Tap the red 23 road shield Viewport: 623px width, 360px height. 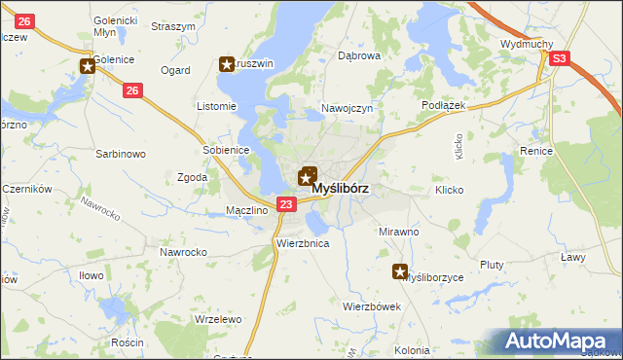(x=285, y=204)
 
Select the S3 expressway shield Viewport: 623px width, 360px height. (x=558, y=59)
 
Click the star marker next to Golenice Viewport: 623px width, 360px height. (x=88, y=66)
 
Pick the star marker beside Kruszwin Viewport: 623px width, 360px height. (x=228, y=65)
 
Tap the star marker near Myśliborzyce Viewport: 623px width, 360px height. (x=400, y=271)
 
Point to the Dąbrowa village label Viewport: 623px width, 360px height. (x=358, y=56)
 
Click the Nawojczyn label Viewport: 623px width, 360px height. (x=348, y=109)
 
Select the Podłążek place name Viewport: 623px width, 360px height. (x=447, y=104)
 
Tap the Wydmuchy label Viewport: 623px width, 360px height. (x=527, y=45)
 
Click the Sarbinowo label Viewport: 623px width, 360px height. (x=120, y=154)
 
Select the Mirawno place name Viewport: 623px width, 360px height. (x=398, y=233)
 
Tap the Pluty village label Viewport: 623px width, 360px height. (x=493, y=265)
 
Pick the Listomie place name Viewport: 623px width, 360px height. (x=216, y=106)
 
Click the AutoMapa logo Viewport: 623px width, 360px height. (x=559, y=342)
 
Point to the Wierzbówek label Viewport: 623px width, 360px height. (x=372, y=306)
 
